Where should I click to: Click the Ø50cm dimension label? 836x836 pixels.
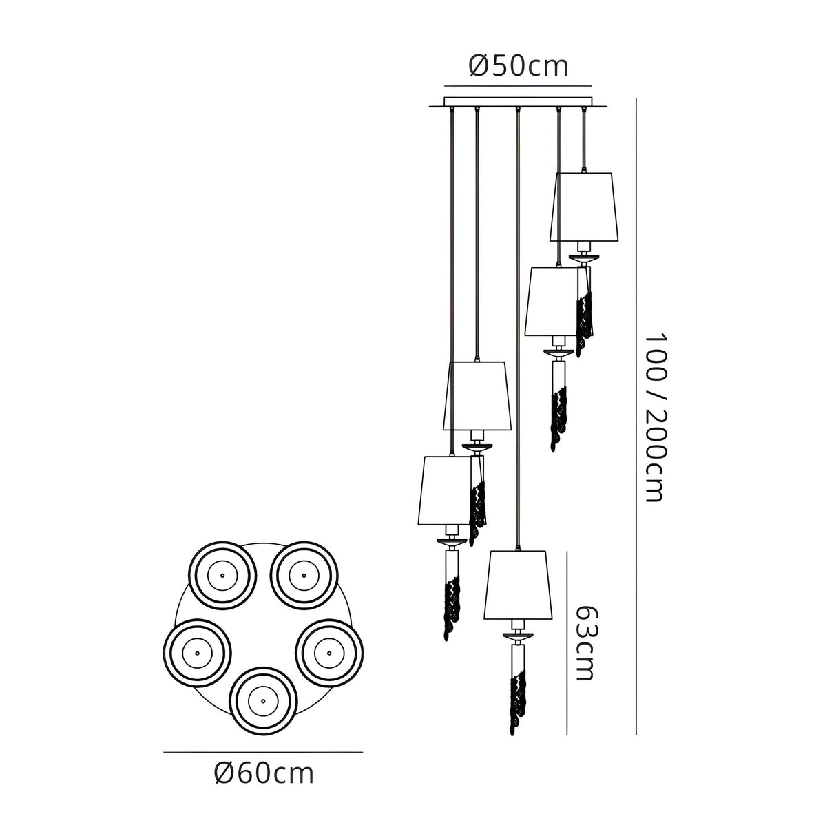point(518,66)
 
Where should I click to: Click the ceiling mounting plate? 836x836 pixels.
point(518,103)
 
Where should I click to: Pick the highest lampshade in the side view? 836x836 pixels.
point(584,207)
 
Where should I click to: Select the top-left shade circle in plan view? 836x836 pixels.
point(222,576)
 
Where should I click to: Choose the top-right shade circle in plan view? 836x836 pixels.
point(304,576)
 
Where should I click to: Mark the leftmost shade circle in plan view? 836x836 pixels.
point(197,653)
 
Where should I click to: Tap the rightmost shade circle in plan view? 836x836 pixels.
point(329,653)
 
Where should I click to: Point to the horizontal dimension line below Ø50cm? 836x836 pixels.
point(518,86)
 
